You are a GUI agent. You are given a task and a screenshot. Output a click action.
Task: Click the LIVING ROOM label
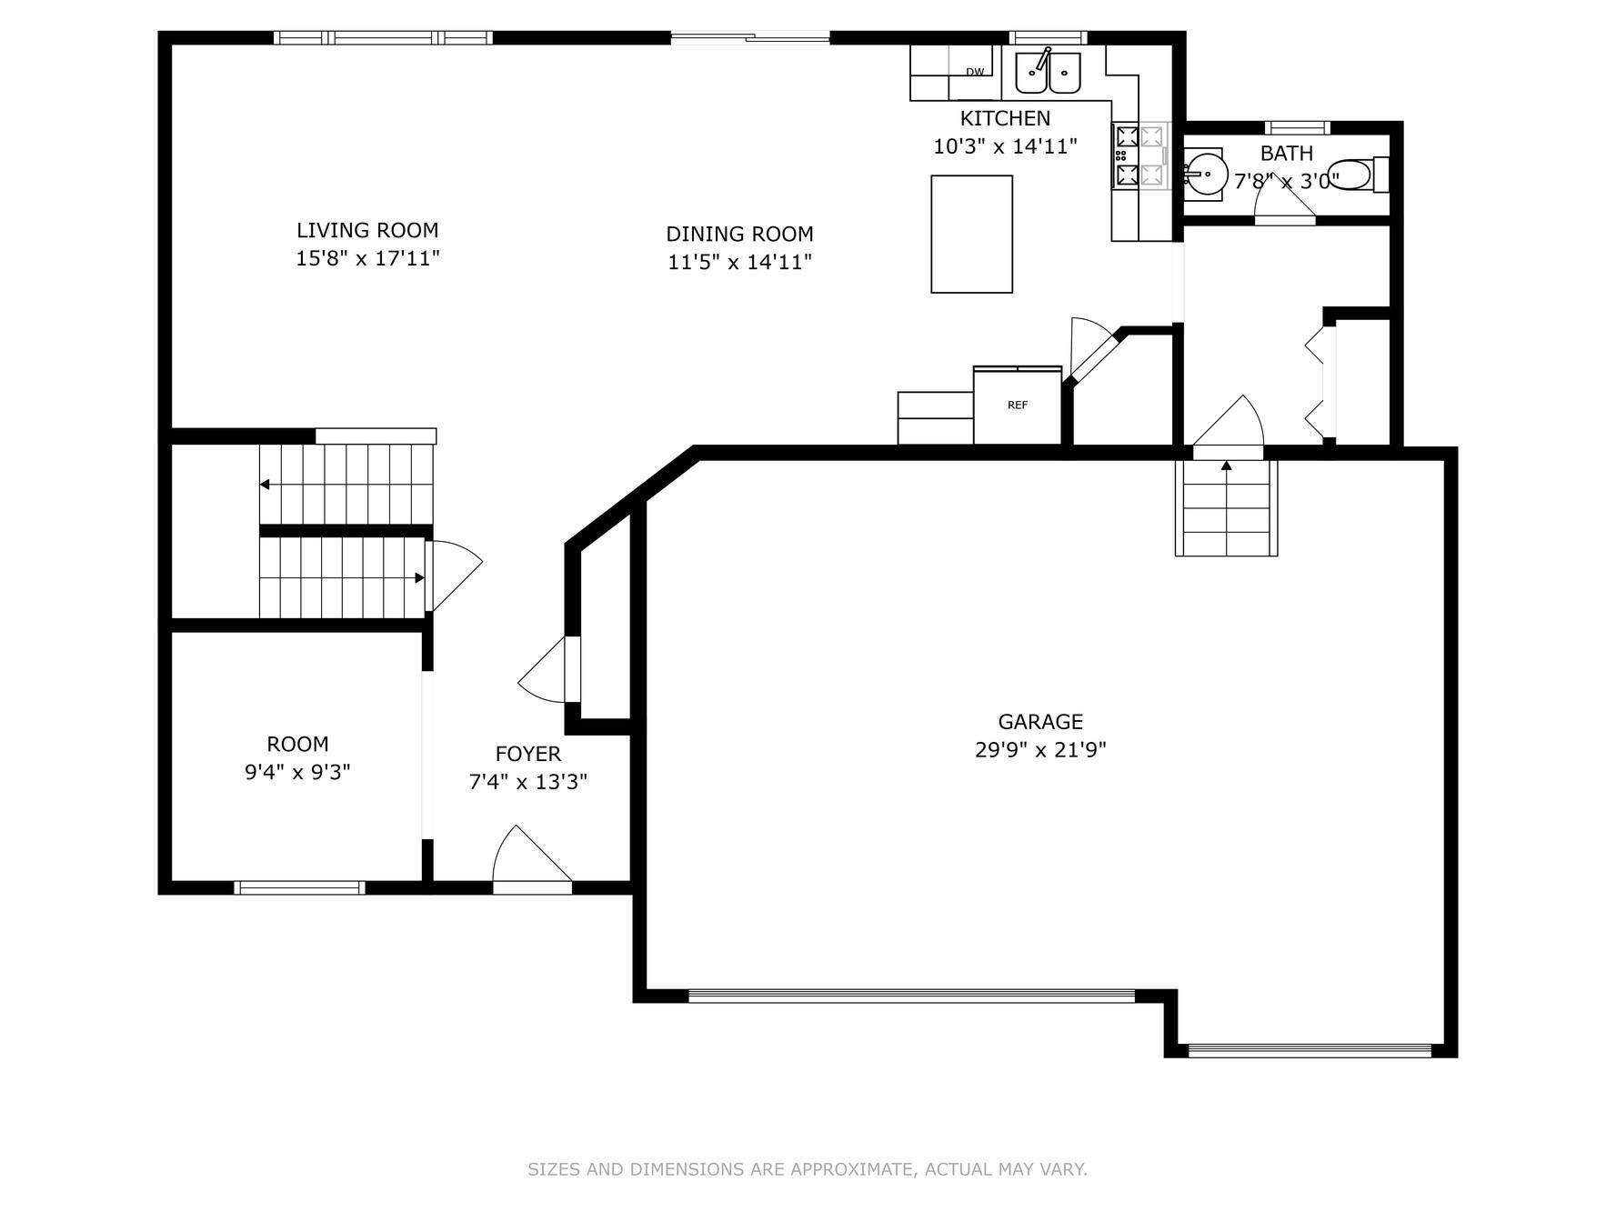[367, 230]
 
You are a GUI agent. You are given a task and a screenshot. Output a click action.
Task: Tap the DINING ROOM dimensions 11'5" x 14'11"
[739, 263]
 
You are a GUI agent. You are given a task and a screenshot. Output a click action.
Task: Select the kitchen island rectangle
[971, 234]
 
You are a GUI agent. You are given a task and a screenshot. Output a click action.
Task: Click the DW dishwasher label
[975, 72]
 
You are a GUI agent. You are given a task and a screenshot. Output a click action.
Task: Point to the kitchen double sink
[1048, 72]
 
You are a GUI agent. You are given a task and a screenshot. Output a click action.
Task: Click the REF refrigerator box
[1018, 406]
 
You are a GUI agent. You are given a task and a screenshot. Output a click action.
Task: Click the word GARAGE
[1040, 722]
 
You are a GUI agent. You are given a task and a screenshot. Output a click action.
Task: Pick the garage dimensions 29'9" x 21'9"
[1040, 750]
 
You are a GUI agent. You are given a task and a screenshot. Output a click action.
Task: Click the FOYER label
[528, 754]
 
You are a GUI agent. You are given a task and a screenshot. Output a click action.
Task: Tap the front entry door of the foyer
[532, 856]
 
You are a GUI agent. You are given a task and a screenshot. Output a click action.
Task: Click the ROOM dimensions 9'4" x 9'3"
[297, 773]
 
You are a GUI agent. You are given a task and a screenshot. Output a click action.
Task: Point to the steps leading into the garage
[1227, 508]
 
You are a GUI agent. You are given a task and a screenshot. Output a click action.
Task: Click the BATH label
[1287, 153]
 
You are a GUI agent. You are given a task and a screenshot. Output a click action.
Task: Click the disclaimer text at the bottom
[808, 1169]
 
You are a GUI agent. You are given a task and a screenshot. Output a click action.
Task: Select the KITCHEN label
[1005, 118]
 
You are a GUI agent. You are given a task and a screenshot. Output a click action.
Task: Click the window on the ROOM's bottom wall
[299, 887]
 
